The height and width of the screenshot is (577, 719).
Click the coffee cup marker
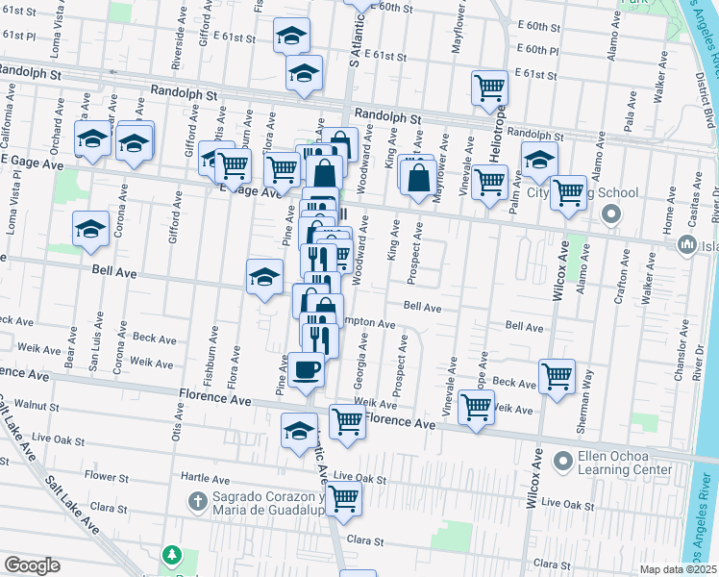pyautogui.click(x=307, y=369)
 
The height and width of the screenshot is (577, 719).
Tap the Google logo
pyautogui.click(x=32, y=565)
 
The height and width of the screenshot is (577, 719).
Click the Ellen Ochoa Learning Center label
pyautogui.click(x=626, y=463)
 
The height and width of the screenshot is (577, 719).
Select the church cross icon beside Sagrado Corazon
pyautogui.click(x=196, y=502)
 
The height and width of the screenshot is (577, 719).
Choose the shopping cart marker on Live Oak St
pyautogui.click(x=343, y=498)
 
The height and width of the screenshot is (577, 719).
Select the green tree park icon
pyautogui.click(x=171, y=555)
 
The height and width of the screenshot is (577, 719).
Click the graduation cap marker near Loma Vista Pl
pyautogui.click(x=90, y=229)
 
